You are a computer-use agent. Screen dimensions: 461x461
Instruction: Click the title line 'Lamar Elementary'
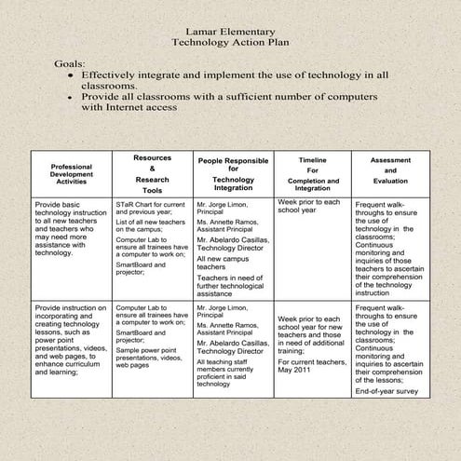(231, 32)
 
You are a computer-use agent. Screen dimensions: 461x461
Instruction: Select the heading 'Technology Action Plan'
(231, 43)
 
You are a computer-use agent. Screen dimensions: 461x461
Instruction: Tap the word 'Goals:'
(71, 62)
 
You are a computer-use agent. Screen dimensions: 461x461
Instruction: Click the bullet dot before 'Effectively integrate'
(70, 75)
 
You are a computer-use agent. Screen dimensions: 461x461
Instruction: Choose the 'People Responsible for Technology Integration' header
(233, 174)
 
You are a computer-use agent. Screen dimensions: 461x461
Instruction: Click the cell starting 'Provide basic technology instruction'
(71, 227)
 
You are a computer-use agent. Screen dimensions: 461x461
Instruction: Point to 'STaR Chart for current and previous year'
(152, 207)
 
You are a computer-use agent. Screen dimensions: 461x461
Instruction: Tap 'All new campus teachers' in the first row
(224, 262)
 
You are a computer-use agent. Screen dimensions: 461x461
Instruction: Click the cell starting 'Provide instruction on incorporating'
(71, 338)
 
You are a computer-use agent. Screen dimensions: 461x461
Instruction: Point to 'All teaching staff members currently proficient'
(230, 372)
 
